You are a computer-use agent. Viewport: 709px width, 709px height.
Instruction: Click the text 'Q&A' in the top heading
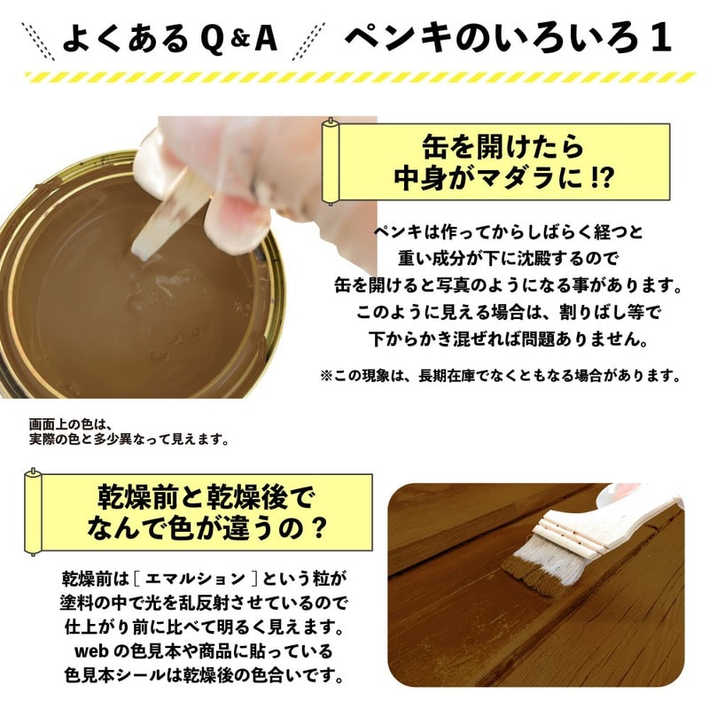click(238, 38)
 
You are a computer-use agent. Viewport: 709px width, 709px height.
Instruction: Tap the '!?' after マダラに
click(602, 179)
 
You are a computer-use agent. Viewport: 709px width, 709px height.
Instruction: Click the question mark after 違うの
click(318, 527)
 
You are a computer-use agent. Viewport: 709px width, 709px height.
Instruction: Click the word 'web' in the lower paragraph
click(90, 652)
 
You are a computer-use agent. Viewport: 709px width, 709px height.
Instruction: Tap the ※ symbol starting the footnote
click(326, 376)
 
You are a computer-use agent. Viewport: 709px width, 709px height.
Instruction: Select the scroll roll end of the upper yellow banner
click(331, 162)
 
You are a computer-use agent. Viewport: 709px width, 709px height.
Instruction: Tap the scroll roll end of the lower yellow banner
click(33, 512)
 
